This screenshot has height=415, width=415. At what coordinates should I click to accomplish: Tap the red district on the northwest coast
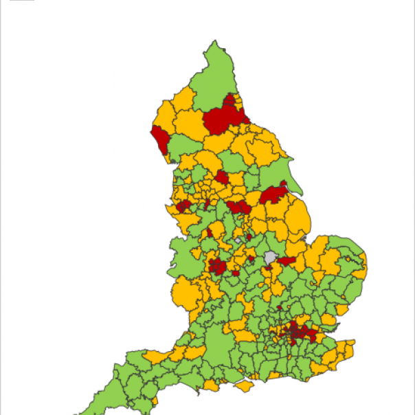coord(162,140)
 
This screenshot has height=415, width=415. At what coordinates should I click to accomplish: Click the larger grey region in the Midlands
coord(270,258)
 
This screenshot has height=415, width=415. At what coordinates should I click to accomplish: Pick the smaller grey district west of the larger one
coord(238,241)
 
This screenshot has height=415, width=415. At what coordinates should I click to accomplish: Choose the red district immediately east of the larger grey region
coord(287,260)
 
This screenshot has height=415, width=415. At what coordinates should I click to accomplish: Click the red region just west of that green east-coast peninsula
coord(273,194)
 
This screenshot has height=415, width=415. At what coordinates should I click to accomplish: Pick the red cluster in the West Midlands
coord(218,266)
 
